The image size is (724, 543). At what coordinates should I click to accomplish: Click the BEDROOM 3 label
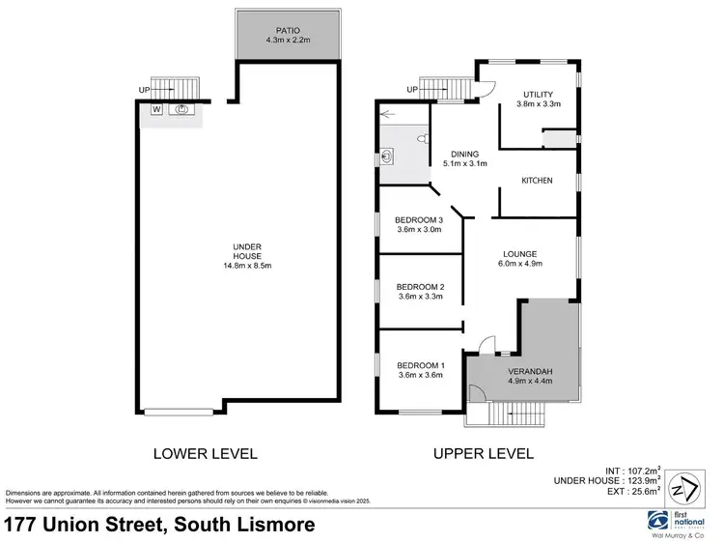tap(420, 219)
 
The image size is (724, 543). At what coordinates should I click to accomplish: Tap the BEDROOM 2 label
tap(420, 287)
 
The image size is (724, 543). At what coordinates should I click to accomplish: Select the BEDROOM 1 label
tap(420, 364)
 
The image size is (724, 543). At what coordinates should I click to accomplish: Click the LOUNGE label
tap(518, 255)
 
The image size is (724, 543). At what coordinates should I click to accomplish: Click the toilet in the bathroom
tap(422, 140)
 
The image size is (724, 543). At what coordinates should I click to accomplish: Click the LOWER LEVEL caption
tap(206, 453)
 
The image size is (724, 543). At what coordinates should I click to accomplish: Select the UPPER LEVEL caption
tap(484, 453)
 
